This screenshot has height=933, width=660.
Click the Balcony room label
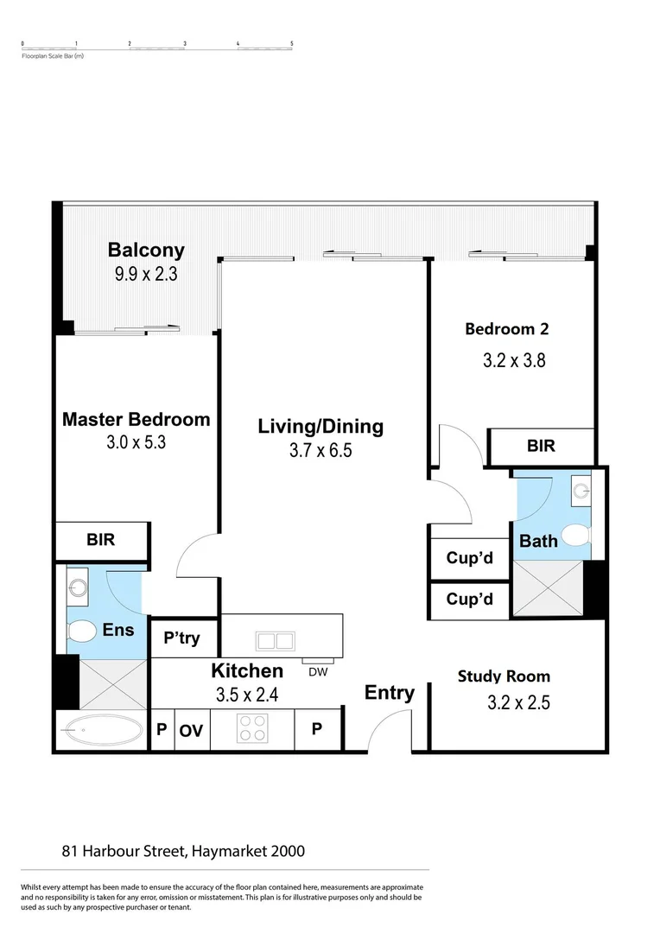(146, 251)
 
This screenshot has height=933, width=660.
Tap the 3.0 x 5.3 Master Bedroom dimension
(136, 444)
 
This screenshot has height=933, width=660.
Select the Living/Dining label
(320, 426)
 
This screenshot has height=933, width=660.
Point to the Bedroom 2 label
(506, 328)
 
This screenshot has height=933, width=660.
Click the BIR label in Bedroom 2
(541, 447)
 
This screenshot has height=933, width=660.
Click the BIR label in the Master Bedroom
(100, 540)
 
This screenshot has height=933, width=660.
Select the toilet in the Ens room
(82, 632)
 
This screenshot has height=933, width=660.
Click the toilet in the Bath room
(573, 533)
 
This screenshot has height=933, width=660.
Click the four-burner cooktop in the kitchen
(252, 729)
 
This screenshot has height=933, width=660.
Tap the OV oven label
(191, 731)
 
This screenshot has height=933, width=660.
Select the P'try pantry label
(181, 638)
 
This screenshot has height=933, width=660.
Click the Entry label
(389, 693)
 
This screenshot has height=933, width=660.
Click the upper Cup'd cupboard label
(469, 558)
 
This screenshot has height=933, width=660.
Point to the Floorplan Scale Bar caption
(53, 56)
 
